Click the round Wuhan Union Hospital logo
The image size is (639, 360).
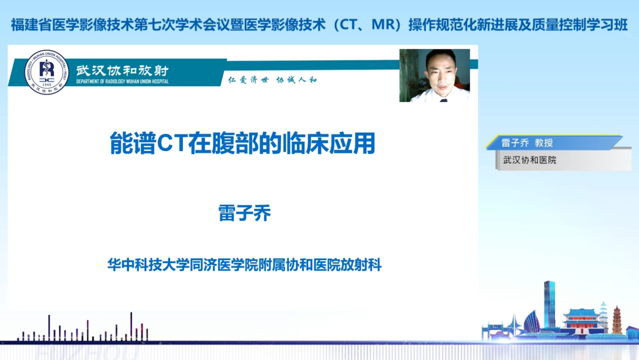click(x=47, y=73)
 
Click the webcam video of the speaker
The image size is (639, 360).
click(x=434, y=75)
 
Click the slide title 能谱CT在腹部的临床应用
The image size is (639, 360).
click(x=243, y=144)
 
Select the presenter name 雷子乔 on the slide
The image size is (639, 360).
click(x=244, y=214)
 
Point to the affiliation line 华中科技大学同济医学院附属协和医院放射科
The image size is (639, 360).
click(x=244, y=265)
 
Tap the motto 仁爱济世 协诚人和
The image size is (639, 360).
click(x=272, y=80)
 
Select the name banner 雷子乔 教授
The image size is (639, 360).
click(x=527, y=143)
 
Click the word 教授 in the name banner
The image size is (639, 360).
click(x=543, y=143)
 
